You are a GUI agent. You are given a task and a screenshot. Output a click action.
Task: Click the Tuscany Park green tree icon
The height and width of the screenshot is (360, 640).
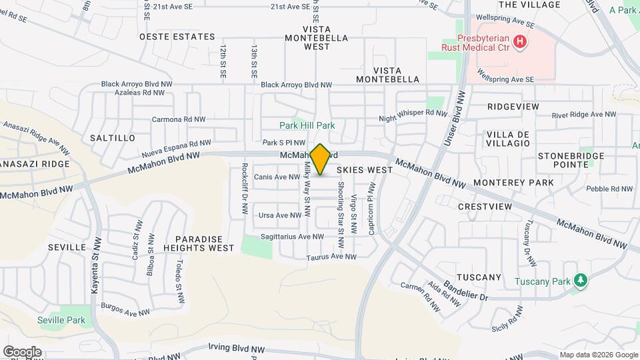point(580,281)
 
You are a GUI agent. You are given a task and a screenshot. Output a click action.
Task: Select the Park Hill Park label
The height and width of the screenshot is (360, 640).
point(307,125)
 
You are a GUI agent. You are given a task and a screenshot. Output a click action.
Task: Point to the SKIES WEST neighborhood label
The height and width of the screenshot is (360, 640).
point(369,170)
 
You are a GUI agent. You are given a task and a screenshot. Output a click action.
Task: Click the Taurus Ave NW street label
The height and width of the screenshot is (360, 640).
point(331,257)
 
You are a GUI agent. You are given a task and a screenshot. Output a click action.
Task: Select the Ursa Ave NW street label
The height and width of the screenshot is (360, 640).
point(279,215)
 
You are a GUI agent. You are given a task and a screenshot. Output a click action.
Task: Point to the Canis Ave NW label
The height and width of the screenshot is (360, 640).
point(277,177)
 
